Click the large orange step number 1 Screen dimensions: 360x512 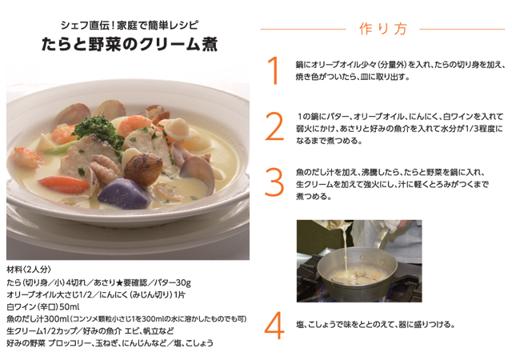(274, 70)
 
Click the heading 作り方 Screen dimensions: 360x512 (380, 29)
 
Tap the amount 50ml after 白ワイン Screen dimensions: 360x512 (70, 306)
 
